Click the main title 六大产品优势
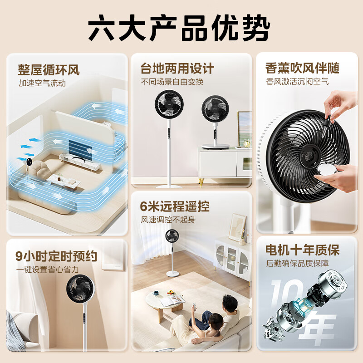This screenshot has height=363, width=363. (x=179, y=28)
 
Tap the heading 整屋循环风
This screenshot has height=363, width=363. (x=49, y=70)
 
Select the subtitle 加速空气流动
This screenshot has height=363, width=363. (x=42, y=83)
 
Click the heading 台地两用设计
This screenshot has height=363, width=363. (x=177, y=69)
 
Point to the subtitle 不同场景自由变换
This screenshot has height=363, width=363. (x=172, y=82)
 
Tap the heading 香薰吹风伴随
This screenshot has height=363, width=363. (x=302, y=68)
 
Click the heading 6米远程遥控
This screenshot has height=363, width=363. (x=175, y=206)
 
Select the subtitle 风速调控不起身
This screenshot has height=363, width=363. (x=168, y=220)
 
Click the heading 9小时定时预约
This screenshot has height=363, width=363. (x=56, y=256)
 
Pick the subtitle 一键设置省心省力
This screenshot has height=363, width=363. (x=48, y=270)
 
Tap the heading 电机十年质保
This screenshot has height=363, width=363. (x=302, y=250)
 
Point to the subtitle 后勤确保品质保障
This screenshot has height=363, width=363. (x=297, y=264)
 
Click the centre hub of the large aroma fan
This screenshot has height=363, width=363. (x=311, y=156)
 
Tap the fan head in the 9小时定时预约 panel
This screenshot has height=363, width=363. (x=80, y=289)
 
